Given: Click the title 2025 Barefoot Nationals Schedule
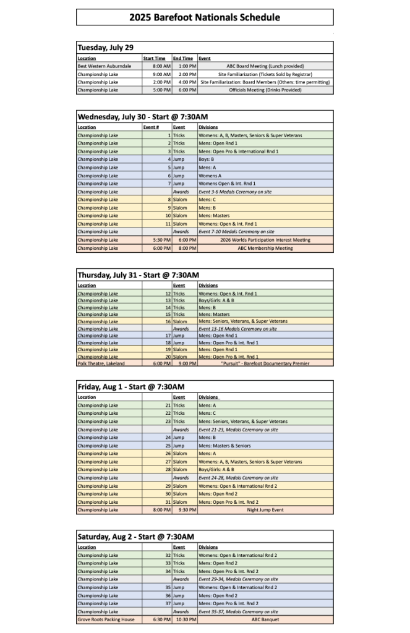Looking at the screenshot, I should point(205,17).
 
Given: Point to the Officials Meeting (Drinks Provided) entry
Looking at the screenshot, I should point(265,90).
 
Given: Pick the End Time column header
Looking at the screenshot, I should point(183,58).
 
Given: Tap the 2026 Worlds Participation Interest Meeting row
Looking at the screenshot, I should point(265,240).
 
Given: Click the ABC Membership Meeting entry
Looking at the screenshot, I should point(265,248).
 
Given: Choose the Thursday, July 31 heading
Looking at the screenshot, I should point(138,275).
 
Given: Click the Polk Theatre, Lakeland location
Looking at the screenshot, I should point(101,363).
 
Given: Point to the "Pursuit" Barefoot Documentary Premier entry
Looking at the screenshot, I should point(265,363).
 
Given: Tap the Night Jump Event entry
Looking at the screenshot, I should point(265,510).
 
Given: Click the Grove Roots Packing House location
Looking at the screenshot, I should point(106,619).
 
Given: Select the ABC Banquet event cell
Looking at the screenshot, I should point(265,619).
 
